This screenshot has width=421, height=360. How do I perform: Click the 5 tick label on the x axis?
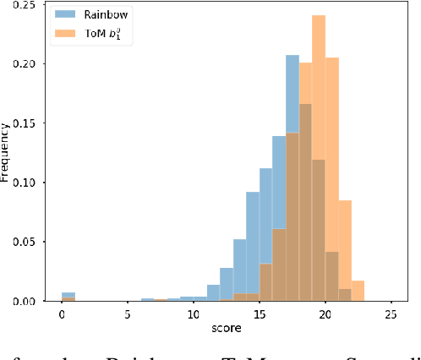pyautogui.click(x=127, y=314)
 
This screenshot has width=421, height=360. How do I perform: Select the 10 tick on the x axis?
pyautogui.click(x=193, y=314)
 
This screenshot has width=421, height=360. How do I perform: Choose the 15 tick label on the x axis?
pyautogui.click(x=259, y=314)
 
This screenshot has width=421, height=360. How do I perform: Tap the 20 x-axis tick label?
pyautogui.click(x=325, y=314)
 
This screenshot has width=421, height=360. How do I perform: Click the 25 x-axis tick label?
pyautogui.click(x=391, y=314)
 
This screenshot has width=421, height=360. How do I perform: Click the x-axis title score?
pyautogui.click(x=226, y=330)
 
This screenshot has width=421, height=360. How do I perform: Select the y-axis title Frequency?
pyautogui.click(x=7, y=153)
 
